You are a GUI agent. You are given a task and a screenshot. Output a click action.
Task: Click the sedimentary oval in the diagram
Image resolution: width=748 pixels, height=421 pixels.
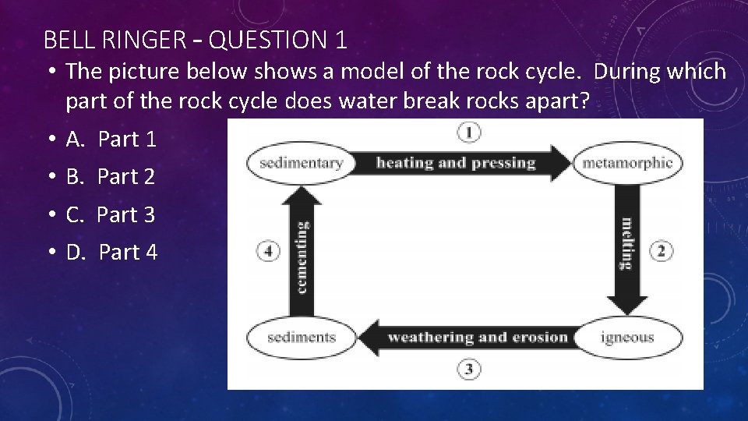301,164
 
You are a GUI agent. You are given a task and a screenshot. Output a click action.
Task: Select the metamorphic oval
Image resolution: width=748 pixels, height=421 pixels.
627,164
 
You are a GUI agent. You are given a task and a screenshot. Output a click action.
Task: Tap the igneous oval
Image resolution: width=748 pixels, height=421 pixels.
627,338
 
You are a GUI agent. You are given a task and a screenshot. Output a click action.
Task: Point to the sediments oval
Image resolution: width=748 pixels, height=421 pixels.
301,338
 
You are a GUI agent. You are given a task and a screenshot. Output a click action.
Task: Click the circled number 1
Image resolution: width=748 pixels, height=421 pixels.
468,133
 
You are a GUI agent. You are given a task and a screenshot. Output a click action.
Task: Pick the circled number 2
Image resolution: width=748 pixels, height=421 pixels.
661,251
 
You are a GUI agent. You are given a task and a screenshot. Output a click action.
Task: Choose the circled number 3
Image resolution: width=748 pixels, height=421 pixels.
468,369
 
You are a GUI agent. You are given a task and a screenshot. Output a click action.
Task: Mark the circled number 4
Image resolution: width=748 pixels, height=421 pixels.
268,251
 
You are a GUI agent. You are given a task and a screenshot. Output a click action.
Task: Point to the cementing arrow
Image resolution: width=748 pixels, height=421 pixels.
302,249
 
